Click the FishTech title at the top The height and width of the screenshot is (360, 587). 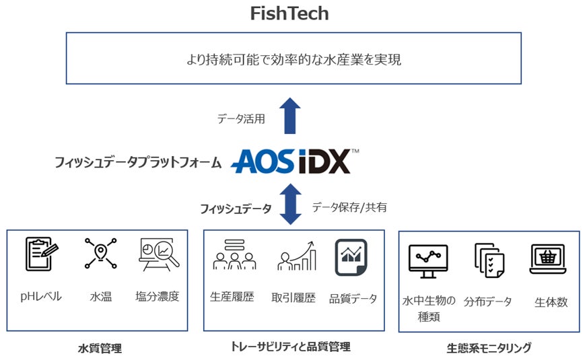tap(289, 13)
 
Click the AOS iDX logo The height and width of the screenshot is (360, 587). tap(294, 161)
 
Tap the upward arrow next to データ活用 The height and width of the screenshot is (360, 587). tap(290, 116)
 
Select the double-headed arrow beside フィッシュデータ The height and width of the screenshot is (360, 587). tap(290, 205)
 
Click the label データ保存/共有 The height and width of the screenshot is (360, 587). tap(349, 207)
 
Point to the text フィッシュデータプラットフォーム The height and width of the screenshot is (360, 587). tap(138, 162)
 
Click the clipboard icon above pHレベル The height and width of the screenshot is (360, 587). tap(41, 254)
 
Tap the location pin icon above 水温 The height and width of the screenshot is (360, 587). tap(100, 254)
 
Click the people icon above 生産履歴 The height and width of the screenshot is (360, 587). tap(234, 254)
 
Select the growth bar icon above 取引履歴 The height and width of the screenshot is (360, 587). tap(296, 256)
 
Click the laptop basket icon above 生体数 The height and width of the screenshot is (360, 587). tap(548, 259)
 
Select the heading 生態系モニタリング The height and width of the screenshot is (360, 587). tap(489, 348)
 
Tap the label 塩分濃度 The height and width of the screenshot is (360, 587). tap(158, 297)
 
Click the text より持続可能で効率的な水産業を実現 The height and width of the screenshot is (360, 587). tap(293, 60)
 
